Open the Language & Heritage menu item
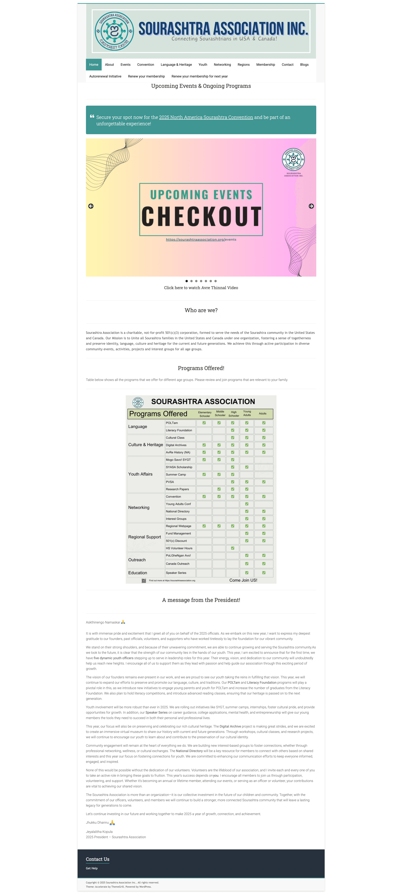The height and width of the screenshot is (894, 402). point(176,65)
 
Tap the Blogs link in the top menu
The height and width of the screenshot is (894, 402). point(304,65)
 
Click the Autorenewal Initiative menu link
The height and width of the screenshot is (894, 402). point(105,76)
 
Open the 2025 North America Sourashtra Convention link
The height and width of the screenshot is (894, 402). point(206,117)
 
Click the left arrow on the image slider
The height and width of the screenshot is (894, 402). point(91,206)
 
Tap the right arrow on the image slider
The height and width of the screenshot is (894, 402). point(311,206)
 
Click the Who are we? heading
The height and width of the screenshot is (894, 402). point(201,310)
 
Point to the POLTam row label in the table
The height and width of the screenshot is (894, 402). point(172,423)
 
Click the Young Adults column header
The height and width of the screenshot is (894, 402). point(247,413)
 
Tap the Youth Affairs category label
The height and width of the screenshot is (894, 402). point(140,474)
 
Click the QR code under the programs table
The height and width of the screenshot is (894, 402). point(144,581)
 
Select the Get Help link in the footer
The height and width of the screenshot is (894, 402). point(92,868)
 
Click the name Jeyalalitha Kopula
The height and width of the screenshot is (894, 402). point(99,832)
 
